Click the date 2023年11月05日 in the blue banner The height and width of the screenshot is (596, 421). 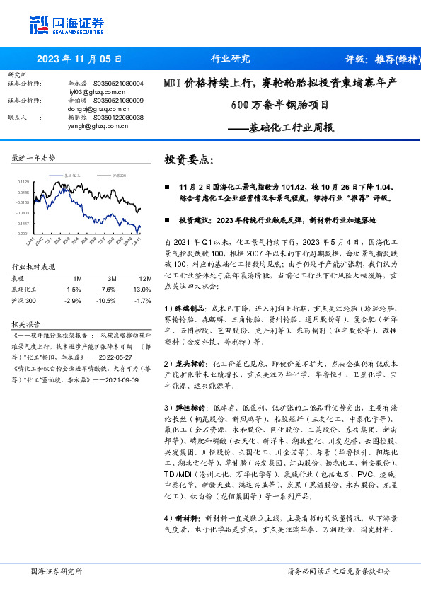click(x=79, y=59)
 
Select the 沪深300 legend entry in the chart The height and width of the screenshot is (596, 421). click(x=119, y=173)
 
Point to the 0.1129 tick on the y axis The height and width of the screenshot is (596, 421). click(x=24, y=182)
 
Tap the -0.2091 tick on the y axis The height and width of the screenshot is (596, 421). click(x=23, y=232)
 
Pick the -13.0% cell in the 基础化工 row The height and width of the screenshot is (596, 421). click(x=141, y=289)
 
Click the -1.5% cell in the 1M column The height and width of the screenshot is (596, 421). click(x=72, y=289)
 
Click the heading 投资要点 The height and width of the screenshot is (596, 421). click(x=188, y=160)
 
